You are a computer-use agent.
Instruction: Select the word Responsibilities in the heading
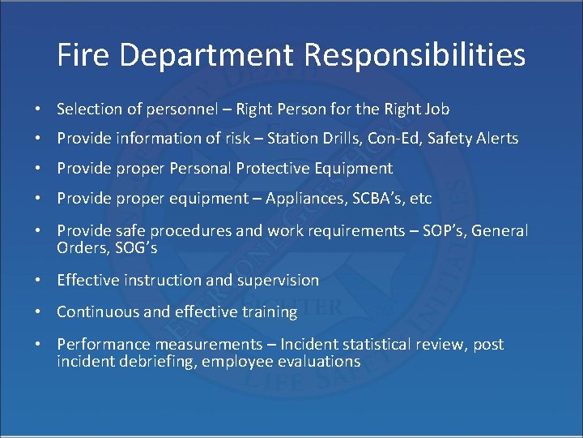pos(415,56)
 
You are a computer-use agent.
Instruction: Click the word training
pos(269,311)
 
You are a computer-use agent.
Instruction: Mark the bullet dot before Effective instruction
pos(39,281)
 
